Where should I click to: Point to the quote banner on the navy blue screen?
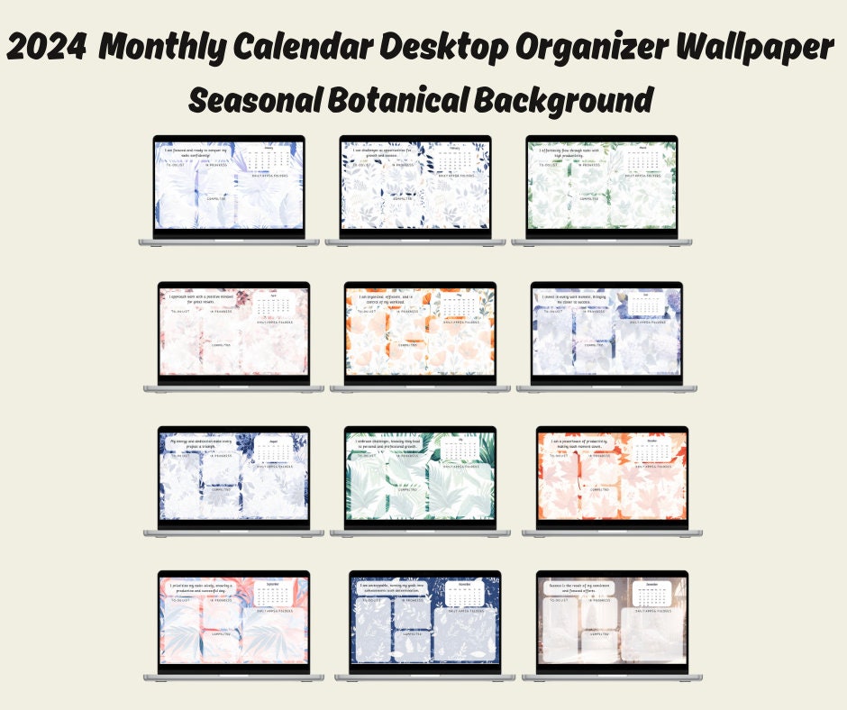pos(390,587)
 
